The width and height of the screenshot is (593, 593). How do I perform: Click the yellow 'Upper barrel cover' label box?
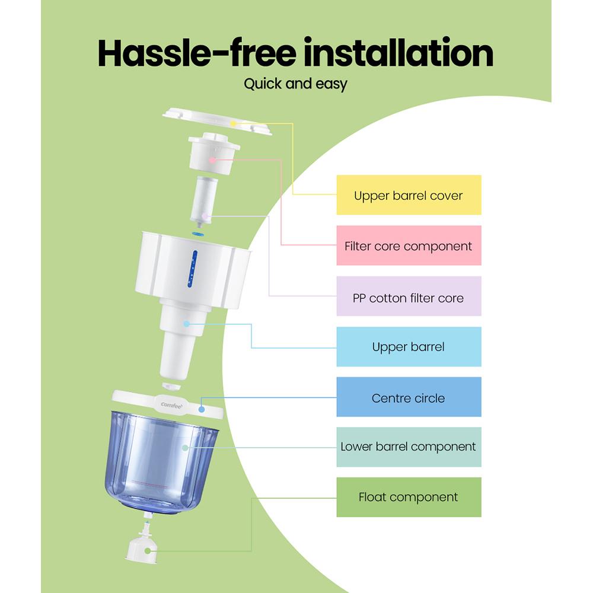point(409,195)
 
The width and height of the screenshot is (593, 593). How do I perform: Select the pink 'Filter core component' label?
point(409,246)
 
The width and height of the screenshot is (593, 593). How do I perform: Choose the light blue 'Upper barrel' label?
point(409,347)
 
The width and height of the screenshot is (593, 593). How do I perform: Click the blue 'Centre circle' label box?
point(409,397)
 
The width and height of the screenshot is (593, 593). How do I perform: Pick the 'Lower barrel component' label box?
point(409,447)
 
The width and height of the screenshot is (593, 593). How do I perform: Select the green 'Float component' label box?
point(409,497)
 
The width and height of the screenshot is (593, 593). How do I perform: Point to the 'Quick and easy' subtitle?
point(295,84)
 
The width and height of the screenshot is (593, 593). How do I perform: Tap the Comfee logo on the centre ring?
point(173,405)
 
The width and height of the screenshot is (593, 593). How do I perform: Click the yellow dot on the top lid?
point(234,123)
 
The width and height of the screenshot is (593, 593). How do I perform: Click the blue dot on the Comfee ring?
point(202,408)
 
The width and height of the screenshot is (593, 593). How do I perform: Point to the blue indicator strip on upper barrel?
point(192,268)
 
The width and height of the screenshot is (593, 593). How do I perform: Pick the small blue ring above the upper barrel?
point(197,234)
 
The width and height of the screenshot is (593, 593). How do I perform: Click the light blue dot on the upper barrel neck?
point(186,324)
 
